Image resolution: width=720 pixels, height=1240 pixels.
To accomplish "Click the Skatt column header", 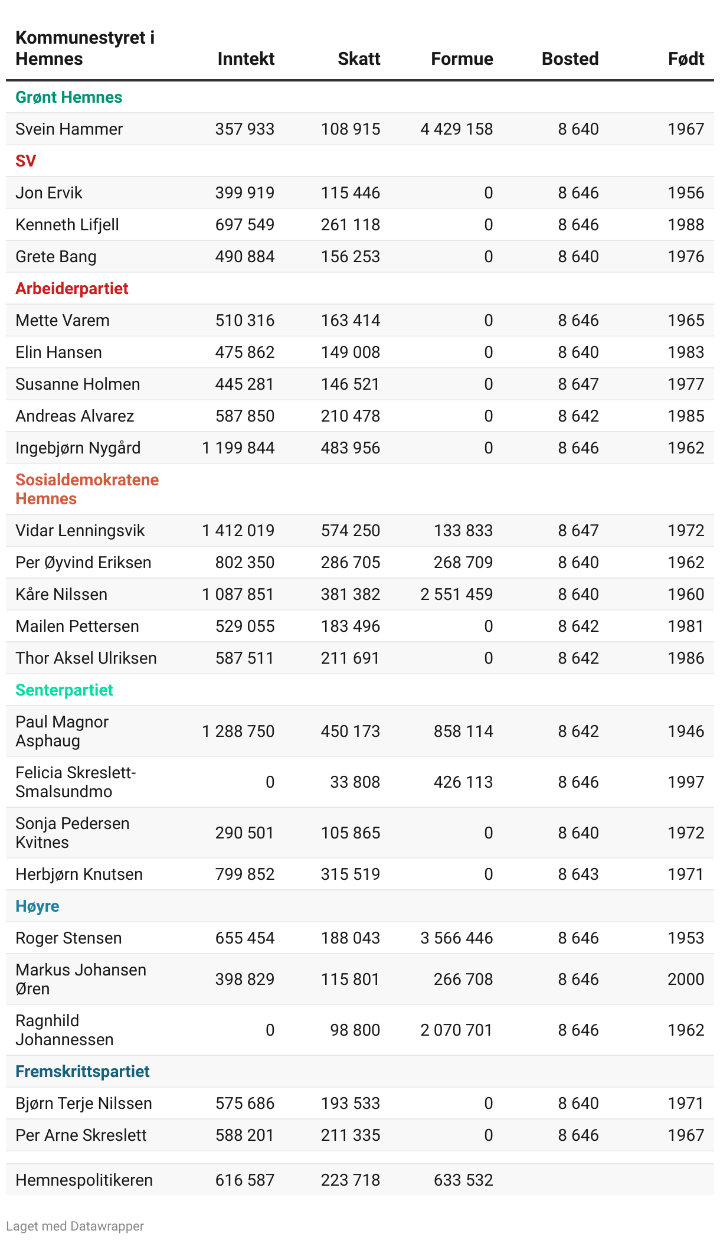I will point(359,59).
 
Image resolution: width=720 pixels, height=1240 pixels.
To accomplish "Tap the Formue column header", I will point(462,59).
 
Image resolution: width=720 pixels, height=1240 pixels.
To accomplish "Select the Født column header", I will point(686,59).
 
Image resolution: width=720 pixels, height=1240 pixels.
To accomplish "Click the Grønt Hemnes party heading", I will point(68,97).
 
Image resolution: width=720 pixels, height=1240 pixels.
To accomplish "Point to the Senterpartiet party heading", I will point(64,690).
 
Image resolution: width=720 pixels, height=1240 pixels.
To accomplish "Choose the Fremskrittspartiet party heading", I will point(83,1072).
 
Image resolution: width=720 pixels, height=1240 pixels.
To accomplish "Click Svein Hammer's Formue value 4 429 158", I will point(456,129).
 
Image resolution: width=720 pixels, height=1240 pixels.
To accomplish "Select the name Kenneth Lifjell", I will point(67,225).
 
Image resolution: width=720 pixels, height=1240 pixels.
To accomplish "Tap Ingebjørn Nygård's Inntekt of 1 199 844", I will point(238,448).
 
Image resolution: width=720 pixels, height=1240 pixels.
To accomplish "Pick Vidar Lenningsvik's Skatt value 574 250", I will point(351,531).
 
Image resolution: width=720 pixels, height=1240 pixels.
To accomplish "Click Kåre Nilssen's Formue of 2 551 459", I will point(456,595).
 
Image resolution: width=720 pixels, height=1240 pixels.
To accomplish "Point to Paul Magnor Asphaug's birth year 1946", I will point(686,732).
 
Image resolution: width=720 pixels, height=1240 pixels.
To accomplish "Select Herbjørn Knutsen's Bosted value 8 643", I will point(578,874).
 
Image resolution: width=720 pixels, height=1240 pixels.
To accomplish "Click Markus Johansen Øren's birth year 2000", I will point(686,980).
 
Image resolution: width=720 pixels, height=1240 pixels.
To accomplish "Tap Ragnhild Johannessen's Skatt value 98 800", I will point(355,1030).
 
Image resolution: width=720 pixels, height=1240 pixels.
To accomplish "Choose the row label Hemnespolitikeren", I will point(84,1180).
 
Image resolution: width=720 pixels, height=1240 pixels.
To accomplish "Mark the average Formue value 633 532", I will point(463,1180).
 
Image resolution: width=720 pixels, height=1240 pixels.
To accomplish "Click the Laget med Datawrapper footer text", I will point(75,1226).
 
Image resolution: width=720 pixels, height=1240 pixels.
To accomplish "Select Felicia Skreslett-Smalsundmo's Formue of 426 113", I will point(463,782).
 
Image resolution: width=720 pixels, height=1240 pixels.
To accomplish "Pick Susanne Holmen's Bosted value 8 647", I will point(578,384).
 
